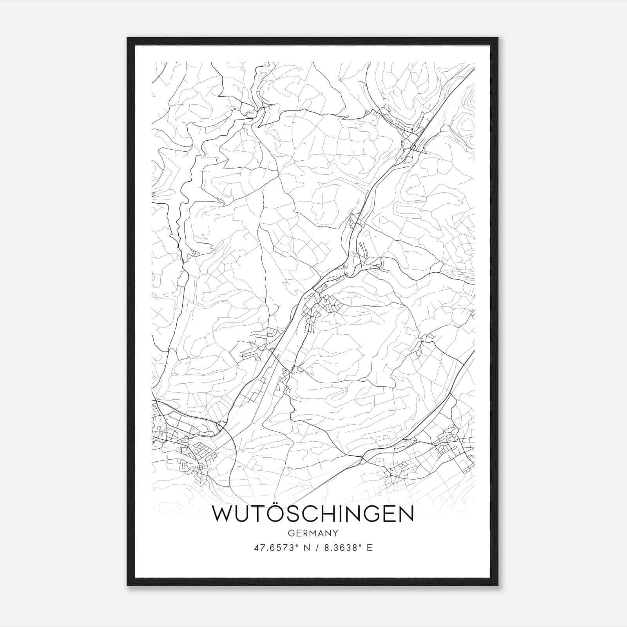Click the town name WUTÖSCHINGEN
[x=313, y=514]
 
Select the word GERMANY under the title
[x=313, y=533]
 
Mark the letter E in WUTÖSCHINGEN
[x=388, y=514]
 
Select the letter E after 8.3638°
[x=369, y=548]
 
